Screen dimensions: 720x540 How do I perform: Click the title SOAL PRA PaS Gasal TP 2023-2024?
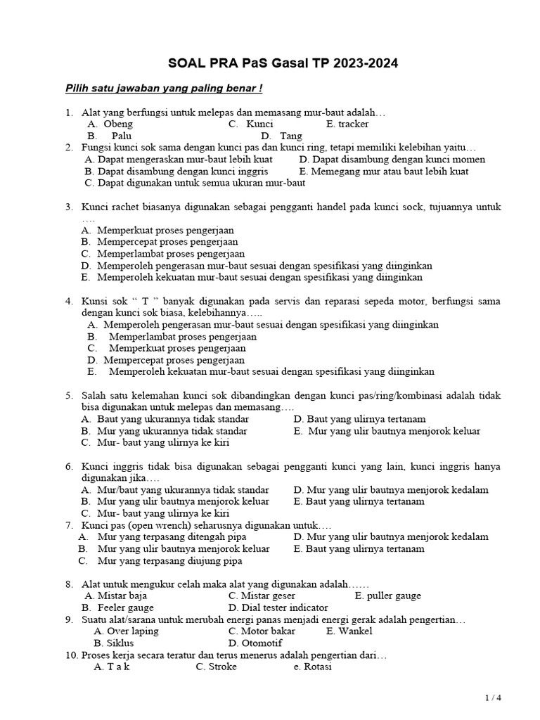coord(283,63)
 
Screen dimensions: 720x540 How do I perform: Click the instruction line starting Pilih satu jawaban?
coord(164,89)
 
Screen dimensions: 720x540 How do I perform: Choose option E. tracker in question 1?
coord(347,124)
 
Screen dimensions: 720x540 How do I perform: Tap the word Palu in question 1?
coord(122,136)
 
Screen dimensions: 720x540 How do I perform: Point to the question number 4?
coord(69,301)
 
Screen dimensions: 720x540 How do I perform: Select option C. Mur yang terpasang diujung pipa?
coord(160,561)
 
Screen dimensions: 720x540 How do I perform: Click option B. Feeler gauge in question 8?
coord(117,607)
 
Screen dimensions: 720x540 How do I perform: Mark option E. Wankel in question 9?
coord(349,631)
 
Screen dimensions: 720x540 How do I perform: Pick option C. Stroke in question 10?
coord(216,667)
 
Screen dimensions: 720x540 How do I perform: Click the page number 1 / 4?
coord(494,697)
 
